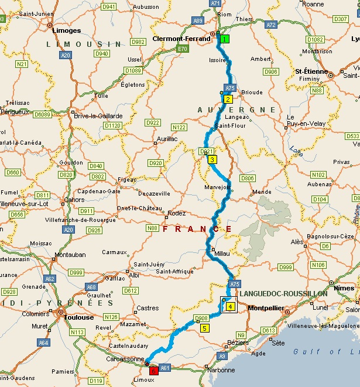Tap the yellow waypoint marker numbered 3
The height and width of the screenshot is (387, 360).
(x=212, y=159)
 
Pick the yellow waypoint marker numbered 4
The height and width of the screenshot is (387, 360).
(x=231, y=306)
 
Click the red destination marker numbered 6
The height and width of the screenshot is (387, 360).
(x=153, y=371)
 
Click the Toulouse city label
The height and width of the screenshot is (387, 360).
(x=80, y=317)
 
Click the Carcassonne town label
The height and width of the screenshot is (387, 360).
(x=121, y=359)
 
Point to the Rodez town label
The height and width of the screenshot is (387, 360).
(x=176, y=213)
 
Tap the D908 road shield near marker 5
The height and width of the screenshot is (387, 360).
(x=201, y=318)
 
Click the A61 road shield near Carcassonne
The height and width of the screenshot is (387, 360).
(x=164, y=368)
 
